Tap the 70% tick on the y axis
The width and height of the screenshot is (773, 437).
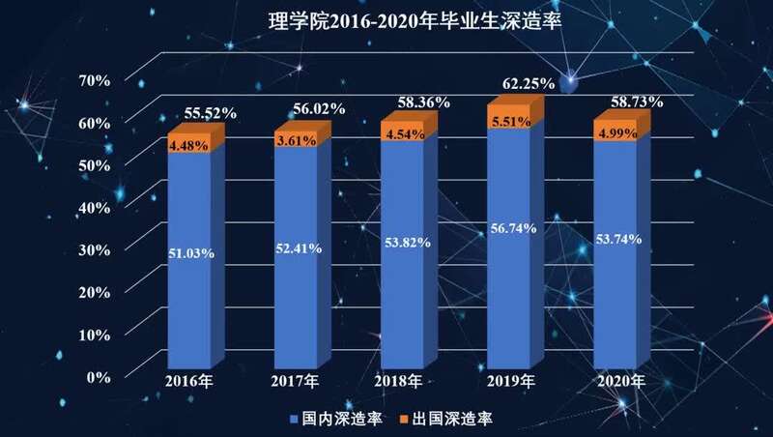100,80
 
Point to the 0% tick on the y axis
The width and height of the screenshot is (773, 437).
105,376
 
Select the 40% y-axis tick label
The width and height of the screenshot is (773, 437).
100,207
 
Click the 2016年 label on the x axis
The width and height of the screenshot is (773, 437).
188,382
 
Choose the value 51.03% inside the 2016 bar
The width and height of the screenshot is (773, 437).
191,253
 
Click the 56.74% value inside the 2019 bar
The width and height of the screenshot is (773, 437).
511,228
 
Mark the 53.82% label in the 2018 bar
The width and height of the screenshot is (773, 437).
405,242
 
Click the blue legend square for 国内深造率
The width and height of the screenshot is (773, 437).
292,418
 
